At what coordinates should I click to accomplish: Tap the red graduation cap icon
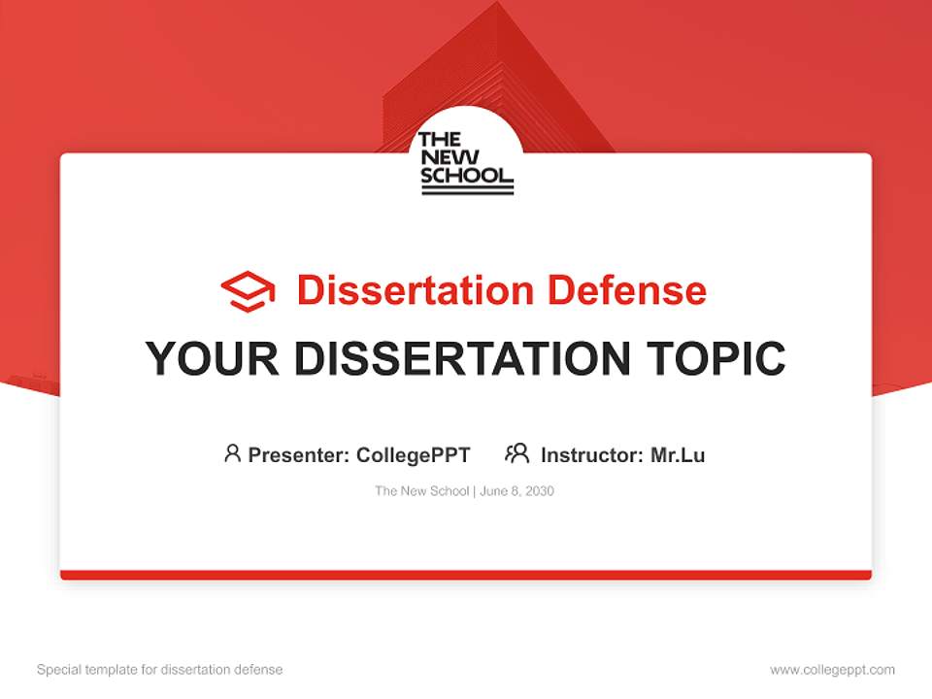point(248,291)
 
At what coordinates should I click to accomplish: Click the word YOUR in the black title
point(213,358)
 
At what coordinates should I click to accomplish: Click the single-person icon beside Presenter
point(232,453)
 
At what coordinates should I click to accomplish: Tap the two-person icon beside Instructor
point(516,453)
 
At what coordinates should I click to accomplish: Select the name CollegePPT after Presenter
point(414,454)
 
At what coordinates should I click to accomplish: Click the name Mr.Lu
point(678,454)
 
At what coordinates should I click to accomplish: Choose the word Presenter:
point(299,454)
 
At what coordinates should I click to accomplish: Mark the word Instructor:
point(591,454)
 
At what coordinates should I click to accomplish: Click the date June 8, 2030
point(516,491)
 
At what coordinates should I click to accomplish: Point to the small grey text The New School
point(422,491)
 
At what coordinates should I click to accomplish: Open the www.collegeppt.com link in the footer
point(832,670)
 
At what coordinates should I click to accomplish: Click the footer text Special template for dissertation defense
point(160,670)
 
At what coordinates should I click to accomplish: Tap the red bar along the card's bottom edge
point(466,575)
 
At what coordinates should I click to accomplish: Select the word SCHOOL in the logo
point(466,176)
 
